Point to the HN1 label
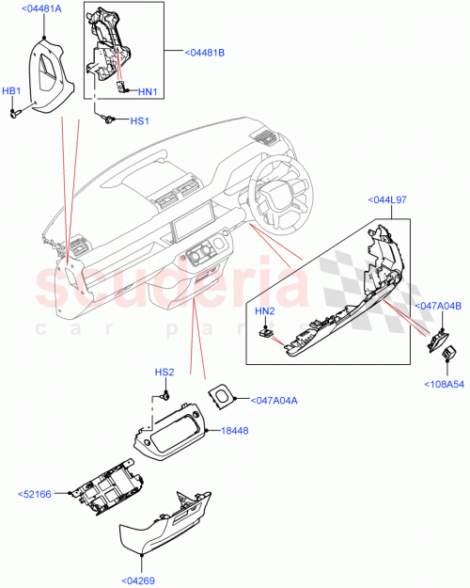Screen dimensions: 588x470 tap(147, 91)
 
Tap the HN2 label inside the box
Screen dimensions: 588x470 tap(264, 310)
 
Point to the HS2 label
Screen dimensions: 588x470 tap(165, 373)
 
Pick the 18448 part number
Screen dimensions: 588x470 tap(234, 430)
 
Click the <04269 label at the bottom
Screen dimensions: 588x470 tap(141, 580)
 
